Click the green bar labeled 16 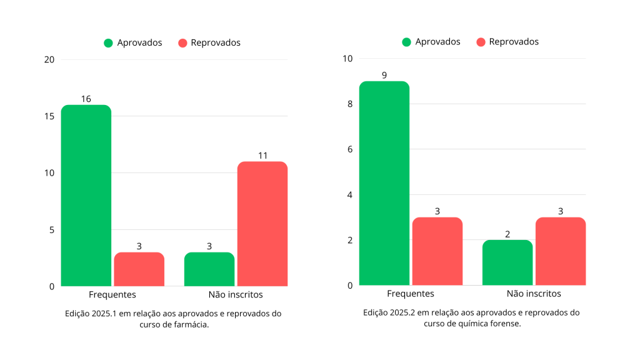tap(86, 195)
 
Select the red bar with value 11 tap(262, 224)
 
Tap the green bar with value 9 tap(384, 183)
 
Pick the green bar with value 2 tap(507, 262)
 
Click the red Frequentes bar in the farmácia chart tap(139, 269)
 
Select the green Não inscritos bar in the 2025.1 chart tap(209, 269)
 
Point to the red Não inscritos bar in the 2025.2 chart tap(561, 251)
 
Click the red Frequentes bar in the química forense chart tap(437, 251)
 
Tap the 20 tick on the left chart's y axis tap(49, 59)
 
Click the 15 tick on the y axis tap(49, 116)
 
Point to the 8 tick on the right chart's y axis tap(350, 104)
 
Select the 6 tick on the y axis tap(350, 149)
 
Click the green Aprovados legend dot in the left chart tap(108, 43)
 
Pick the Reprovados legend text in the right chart tap(514, 42)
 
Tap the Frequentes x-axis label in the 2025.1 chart tap(112, 294)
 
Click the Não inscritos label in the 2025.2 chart tap(534, 294)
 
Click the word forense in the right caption tap(504, 324)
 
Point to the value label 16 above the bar tap(86, 99)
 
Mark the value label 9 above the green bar tap(384, 76)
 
